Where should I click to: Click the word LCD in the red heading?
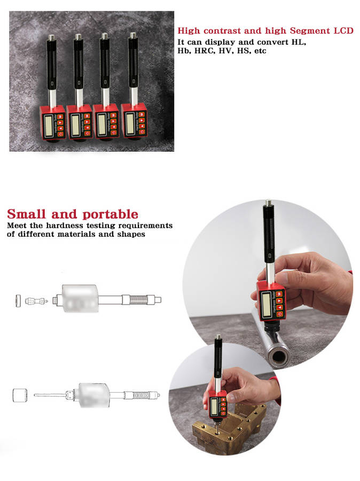click(343, 30)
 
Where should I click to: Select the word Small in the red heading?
click(26, 214)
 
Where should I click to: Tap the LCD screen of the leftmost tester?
click(49, 125)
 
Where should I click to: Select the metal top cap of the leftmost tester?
click(51, 37)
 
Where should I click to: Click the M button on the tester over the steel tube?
click(279, 294)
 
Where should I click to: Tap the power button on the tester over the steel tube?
click(280, 314)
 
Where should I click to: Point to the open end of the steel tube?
click(278, 356)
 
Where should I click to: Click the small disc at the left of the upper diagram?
click(18, 300)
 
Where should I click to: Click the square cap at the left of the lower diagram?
click(20, 395)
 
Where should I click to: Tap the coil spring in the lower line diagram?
click(141, 395)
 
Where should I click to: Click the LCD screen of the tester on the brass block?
click(214, 405)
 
